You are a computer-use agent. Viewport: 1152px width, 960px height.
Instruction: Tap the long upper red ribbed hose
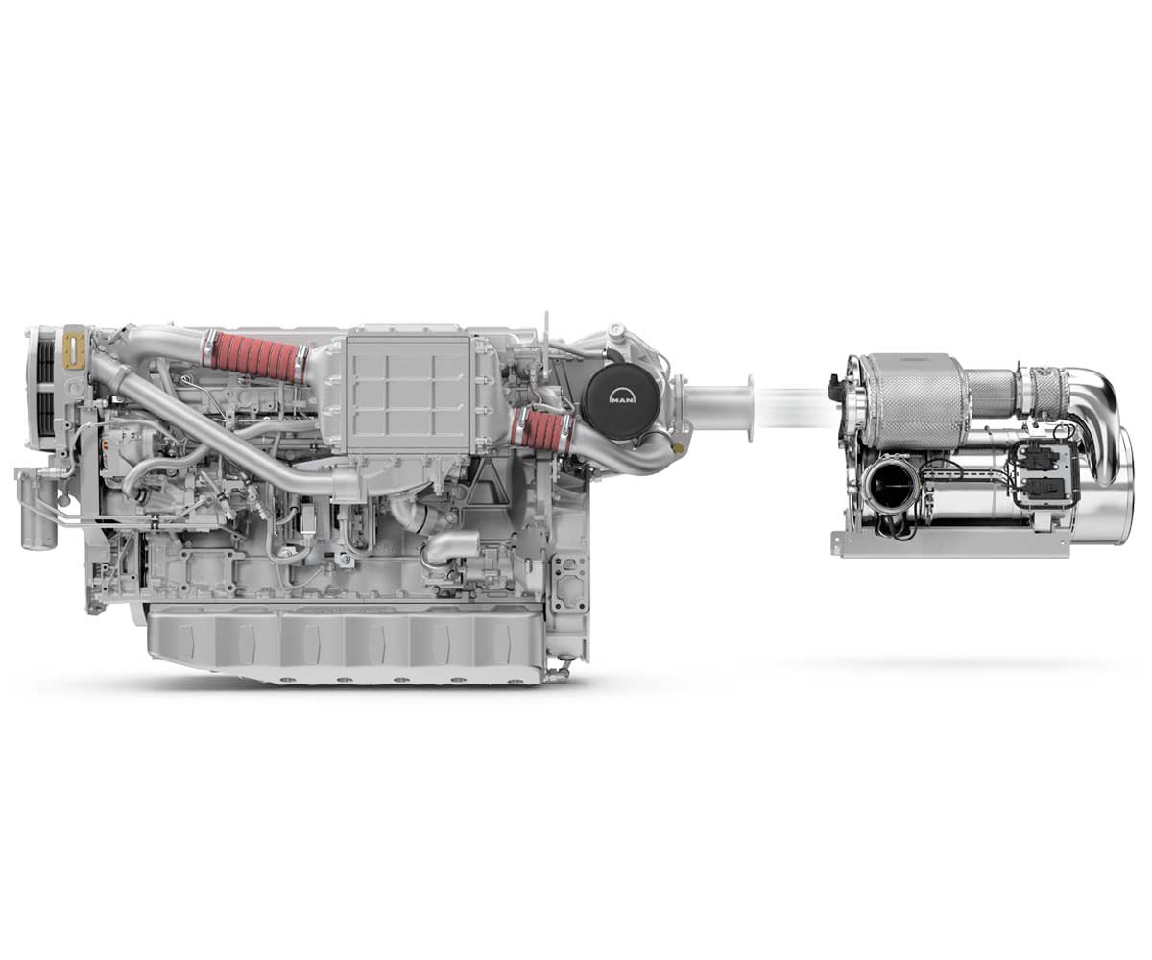coord(255,356)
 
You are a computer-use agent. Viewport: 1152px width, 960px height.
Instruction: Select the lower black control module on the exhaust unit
coord(1044,487)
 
